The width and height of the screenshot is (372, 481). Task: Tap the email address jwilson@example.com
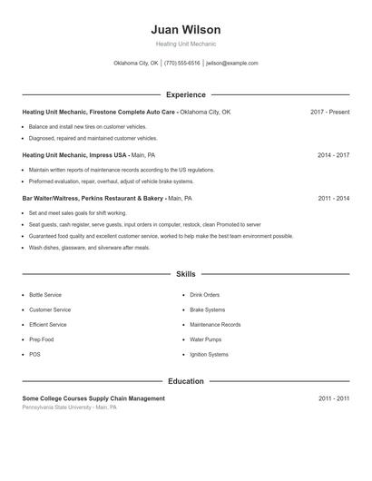[232, 64]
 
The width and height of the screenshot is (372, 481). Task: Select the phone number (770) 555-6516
[182, 64]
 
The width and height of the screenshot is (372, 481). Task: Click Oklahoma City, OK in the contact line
[136, 64]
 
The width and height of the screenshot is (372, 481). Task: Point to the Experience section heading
[185, 94]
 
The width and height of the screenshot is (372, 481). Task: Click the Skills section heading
[185, 273]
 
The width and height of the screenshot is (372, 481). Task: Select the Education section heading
[185, 381]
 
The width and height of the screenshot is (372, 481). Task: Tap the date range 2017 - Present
[329, 112]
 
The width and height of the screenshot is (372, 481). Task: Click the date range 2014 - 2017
[333, 155]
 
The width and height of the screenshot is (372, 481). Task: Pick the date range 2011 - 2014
[333, 198]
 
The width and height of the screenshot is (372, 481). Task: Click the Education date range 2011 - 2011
[333, 398]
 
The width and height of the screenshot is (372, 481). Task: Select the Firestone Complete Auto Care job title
[100, 112]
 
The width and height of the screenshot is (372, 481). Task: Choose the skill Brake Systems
[208, 309]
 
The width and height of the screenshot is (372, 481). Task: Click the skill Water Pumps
[206, 339]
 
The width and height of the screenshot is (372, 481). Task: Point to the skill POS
[34, 354]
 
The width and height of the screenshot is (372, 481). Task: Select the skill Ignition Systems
[209, 354]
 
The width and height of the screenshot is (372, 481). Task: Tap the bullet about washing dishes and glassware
[89, 247]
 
